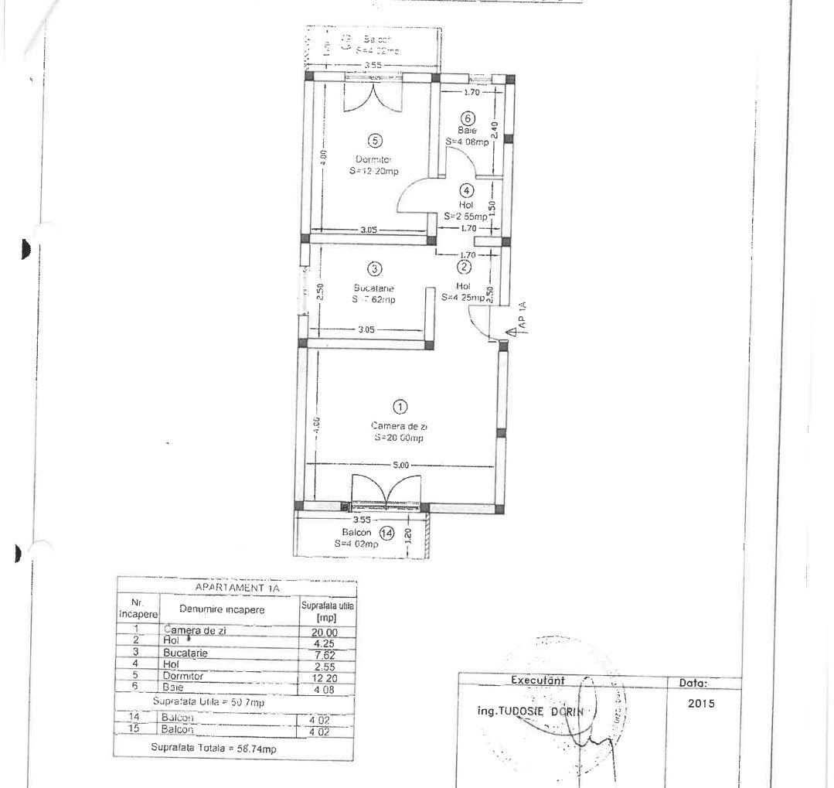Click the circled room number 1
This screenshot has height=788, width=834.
(x=400, y=405)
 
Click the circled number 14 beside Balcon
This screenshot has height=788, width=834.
(x=386, y=532)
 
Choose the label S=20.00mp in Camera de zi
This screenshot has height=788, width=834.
(x=400, y=437)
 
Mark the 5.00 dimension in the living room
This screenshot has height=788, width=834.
(x=401, y=465)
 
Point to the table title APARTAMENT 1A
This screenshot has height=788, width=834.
(x=237, y=588)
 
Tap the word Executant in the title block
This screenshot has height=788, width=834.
(x=538, y=681)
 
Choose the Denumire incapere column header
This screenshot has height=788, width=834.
(x=222, y=610)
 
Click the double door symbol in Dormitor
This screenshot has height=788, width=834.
(x=374, y=95)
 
